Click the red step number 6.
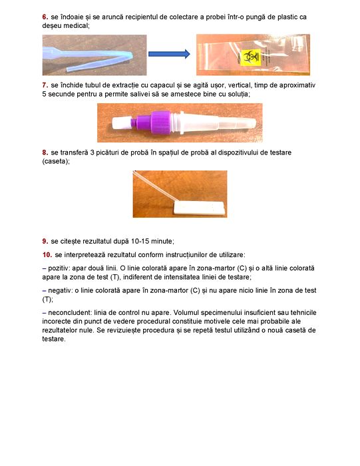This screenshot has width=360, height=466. click(45, 17)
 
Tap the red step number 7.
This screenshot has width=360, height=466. click(45, 85)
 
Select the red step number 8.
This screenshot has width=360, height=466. click(45, 152)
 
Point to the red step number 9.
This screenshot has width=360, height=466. click(45, 241)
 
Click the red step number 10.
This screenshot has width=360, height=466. click(47, 255)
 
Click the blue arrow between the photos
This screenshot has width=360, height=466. click(169, 54)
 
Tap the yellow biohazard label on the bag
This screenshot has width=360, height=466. click(250, 58)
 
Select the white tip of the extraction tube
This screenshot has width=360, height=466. click(121, 122)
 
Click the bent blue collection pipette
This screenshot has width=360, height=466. click(89, 58)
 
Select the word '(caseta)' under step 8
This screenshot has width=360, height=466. click(56, 161)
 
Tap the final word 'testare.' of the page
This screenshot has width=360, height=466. click(54, 339)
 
